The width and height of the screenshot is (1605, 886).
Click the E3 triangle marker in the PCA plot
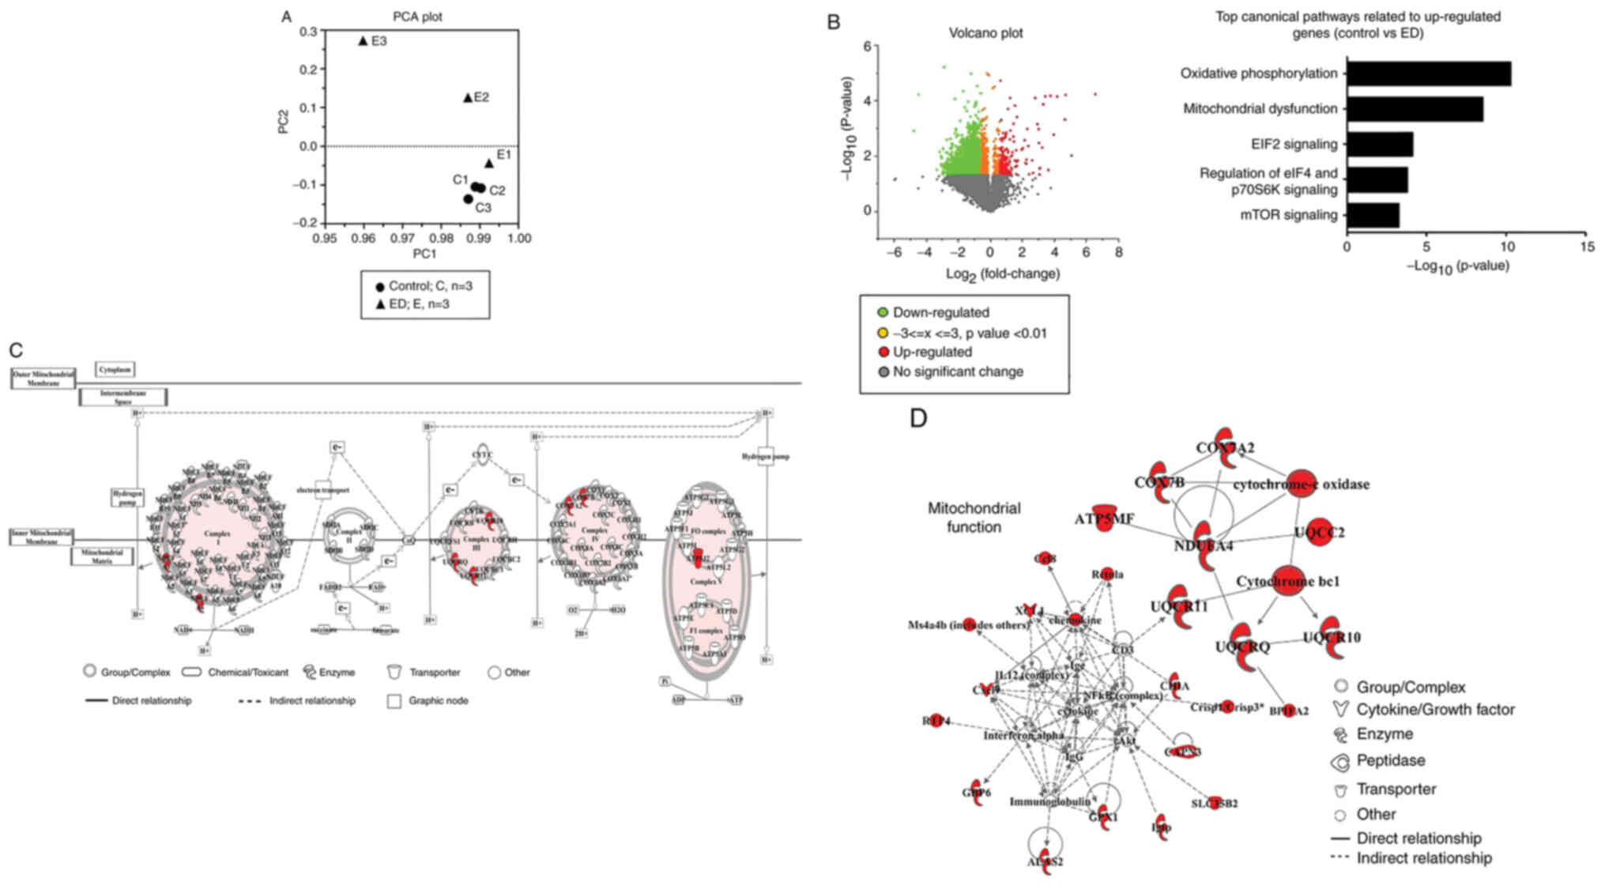[x=363, y=40]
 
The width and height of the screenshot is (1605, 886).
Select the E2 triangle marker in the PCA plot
[x=467, y=98]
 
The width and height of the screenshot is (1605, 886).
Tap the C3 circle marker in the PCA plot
[x=468, y=199]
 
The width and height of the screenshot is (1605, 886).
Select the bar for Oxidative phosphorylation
[x=1428, y=74]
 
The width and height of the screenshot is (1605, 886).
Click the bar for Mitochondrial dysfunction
[x=1415, y=108]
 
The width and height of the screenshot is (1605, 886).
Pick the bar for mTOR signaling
[x=1373, y=215]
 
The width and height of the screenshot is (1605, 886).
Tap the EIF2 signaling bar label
[x=1294, y=145]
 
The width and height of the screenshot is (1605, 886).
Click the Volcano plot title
[x=985, y=33]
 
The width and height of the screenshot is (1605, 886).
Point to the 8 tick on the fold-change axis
[x=1118, y=252]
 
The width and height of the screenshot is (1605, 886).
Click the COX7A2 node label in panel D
[x=1224, y=448]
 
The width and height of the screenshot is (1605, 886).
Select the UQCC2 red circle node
[x=1319, y=533]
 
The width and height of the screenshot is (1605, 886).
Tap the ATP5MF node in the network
[x=1105, y=518]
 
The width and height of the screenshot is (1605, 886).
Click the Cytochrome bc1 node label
[x=1287, y=582]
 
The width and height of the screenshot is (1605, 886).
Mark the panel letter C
[x=15, y=350]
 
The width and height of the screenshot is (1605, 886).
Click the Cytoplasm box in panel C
[x=115, y=369]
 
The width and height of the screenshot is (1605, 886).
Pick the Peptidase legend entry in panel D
[x=1390, y=761]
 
